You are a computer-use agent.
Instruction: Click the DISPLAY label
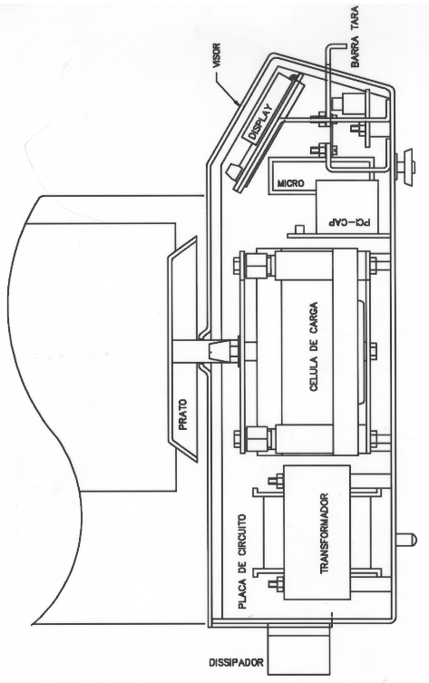point(260,122)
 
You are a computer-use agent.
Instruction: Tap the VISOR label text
point(217,55)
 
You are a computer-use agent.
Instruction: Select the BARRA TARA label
point(355,36)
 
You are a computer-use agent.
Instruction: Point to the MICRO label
point(291,183)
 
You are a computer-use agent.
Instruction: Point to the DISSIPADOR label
point(237,662)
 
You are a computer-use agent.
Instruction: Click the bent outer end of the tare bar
point(336,46)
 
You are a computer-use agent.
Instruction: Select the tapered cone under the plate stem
point(219,352)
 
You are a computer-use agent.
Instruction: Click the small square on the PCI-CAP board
point(299,229)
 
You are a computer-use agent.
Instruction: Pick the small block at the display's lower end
point(231,171)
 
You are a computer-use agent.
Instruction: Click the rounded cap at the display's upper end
point(296,77)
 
